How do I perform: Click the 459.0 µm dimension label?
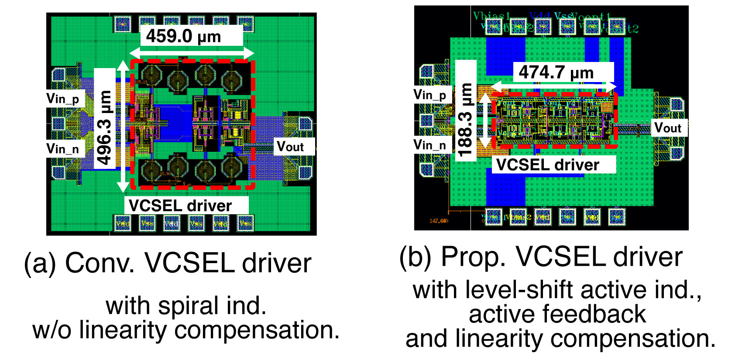point(183,36)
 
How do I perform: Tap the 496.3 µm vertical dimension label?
point(105,127)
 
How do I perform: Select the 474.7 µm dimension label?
point(556,72)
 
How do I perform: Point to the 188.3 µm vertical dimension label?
point(466,120)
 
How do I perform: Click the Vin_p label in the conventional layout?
point(63,99)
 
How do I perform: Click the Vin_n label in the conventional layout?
point(63,149)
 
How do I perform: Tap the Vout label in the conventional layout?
point(290,147)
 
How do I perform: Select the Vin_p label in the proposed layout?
point(430,95)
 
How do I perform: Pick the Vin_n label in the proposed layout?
point(430,145)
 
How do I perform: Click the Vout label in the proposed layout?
point(668,128)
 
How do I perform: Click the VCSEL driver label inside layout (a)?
point(180,206)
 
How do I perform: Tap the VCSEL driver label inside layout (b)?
point(548,165)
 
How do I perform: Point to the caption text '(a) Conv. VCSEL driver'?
point(168,264)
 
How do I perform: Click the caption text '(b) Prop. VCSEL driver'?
point(541,257)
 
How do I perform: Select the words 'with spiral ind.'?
point(186,305)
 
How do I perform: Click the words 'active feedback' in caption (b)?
point(557,314)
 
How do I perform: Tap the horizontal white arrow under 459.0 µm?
point(192,53)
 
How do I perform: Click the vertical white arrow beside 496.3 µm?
point(123,127)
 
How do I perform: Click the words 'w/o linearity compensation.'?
point(186,330)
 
